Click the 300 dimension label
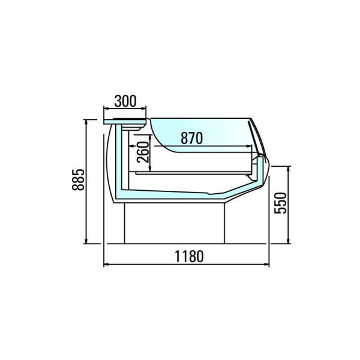[125, 101]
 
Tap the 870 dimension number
[192, 138]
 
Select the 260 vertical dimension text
[143, 152]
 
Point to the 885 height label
[78, 180]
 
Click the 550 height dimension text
[280, 203]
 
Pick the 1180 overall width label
[189, 256]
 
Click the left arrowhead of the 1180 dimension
[106, 265]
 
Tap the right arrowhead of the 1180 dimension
[267, 265]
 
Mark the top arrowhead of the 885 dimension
[86, 122]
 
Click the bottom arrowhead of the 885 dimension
[86, 241]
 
